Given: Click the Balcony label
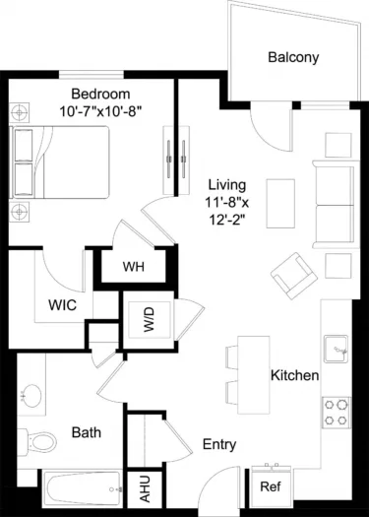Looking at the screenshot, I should [293, 57].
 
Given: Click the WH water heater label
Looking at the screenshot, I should [135, 267].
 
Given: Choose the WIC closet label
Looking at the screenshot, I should [64, 304].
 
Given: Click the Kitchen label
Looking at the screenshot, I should [294, 375].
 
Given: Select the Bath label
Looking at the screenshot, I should [86, 431].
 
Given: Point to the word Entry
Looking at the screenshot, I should [219, 444].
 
